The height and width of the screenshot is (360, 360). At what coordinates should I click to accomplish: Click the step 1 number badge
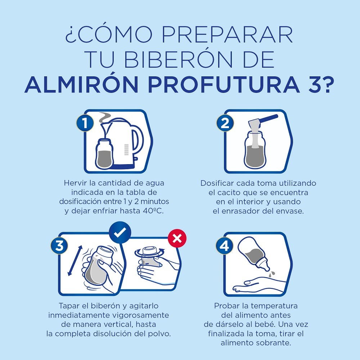coord(85,123)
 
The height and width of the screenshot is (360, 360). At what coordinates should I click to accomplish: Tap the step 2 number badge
coord(225,123)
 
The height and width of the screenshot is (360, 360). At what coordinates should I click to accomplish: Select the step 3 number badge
coord(59,246)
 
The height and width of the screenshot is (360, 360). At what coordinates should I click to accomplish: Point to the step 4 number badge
coord(224,246)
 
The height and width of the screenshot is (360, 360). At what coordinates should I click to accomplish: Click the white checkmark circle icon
coord(120,233)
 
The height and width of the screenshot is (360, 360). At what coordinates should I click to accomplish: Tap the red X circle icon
coord(177,238)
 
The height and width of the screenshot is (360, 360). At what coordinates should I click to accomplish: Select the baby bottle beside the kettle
coord(104,153)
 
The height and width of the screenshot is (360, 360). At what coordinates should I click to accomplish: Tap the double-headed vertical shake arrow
coord(75,261)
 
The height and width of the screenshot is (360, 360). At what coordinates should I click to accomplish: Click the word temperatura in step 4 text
coord(274,306)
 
